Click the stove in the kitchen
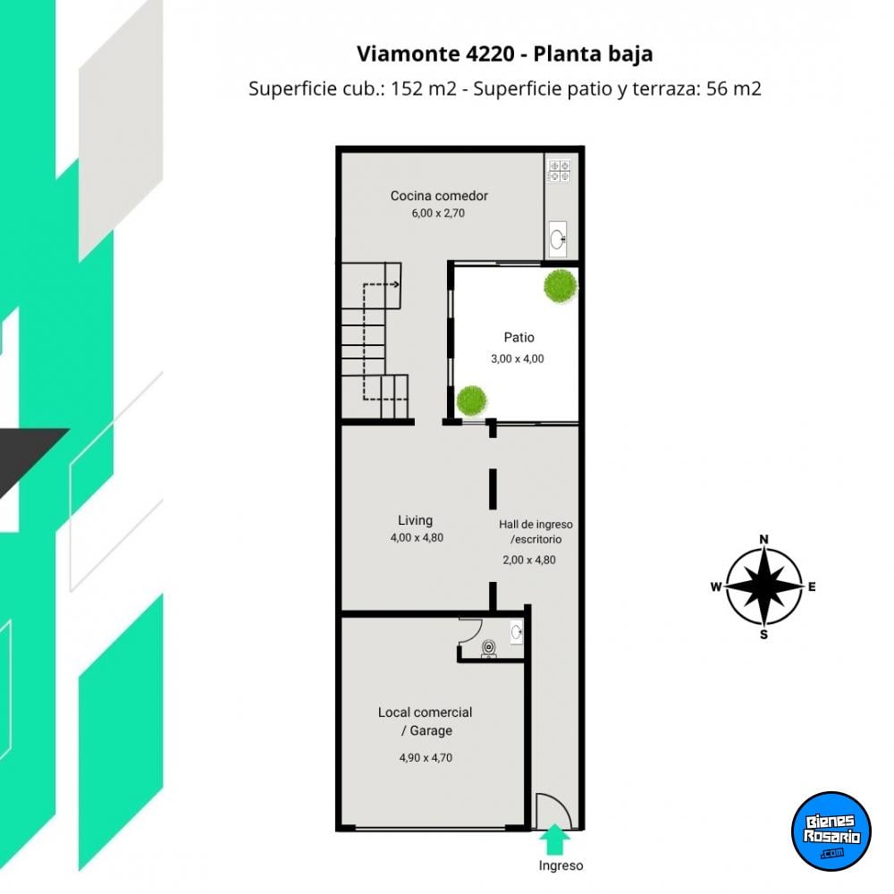(560, 171)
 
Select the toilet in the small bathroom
(489, 648)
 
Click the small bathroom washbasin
(517, 632)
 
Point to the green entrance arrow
(555, 839)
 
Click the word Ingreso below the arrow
(561, 865)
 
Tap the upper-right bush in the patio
(561, 286)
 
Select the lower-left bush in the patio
(471, 401)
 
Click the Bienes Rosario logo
(831, 831)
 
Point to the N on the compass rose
(764, 539)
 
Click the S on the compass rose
(764, 635)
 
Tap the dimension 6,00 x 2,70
(438, 214)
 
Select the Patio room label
(519, 338)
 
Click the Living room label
(415, 520)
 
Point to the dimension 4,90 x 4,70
(426, 758)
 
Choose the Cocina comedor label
(439, 196)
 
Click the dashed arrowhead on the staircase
(396, 284)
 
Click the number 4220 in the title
(490, 54)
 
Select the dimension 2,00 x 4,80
(529, 560)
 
